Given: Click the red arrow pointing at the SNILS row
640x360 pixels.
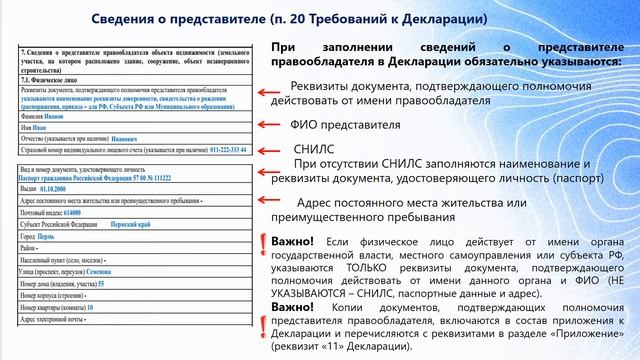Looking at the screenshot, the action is click(x=267, y=150).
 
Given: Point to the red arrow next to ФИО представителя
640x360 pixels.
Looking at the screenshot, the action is click(x=267, y=124).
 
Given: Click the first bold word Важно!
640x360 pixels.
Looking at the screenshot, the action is click(x=291, y=242).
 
